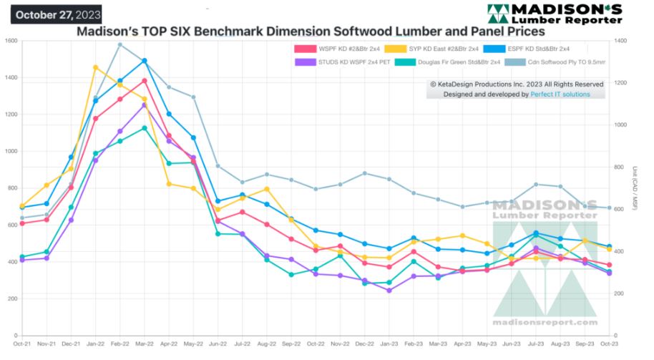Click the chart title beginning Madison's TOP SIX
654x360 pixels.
point(311,31)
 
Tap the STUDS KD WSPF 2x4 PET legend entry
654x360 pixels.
point(341,62)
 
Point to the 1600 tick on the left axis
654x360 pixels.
point(10,41)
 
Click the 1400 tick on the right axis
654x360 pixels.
point(620,41)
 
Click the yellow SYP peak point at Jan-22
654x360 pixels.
point(95,67)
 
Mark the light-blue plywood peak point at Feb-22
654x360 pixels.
point(119,44)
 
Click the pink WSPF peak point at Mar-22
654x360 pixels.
point(144,80)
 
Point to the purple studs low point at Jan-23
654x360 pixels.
point(389,290)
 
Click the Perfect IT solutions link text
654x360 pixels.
point(560,94)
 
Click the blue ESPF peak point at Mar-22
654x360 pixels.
point(145,61)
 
